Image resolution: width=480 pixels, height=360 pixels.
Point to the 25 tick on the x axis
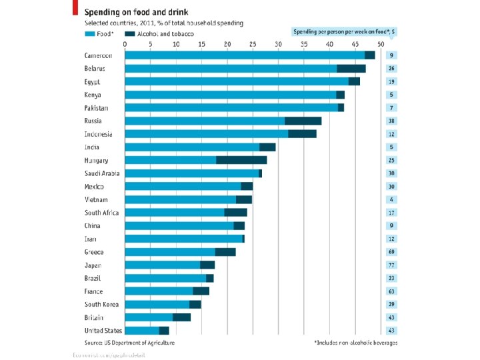253,44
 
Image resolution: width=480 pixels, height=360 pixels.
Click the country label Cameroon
98,55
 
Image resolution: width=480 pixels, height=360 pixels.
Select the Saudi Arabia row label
102,173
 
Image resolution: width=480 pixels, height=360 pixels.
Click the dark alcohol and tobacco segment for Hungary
241,160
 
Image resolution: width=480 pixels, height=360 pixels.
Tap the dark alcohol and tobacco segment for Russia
303,121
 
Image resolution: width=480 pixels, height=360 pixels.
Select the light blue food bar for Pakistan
231,108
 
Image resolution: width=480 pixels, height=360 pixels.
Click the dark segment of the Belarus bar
351,69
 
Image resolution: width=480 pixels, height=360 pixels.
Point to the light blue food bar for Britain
149,317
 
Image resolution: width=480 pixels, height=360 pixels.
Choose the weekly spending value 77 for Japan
392,265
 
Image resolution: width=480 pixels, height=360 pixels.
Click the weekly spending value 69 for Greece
392,252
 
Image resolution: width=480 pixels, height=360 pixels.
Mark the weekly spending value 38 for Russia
392,121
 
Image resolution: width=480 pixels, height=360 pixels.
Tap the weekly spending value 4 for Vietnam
392,199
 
